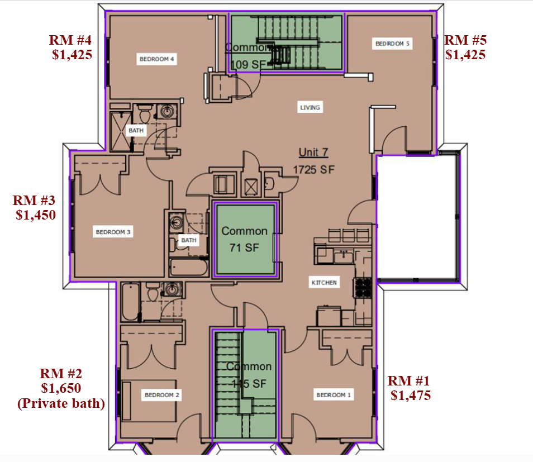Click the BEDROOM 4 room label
158,59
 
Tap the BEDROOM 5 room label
392,44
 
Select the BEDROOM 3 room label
113,231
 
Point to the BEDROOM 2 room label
162,395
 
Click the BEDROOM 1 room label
334,395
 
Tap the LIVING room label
310,107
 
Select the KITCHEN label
324,283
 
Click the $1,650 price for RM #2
61,388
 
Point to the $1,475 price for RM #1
411,396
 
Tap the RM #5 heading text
465,40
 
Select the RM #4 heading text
71,40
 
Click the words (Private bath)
61,403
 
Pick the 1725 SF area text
313,169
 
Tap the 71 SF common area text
244,247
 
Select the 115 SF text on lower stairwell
249,384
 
